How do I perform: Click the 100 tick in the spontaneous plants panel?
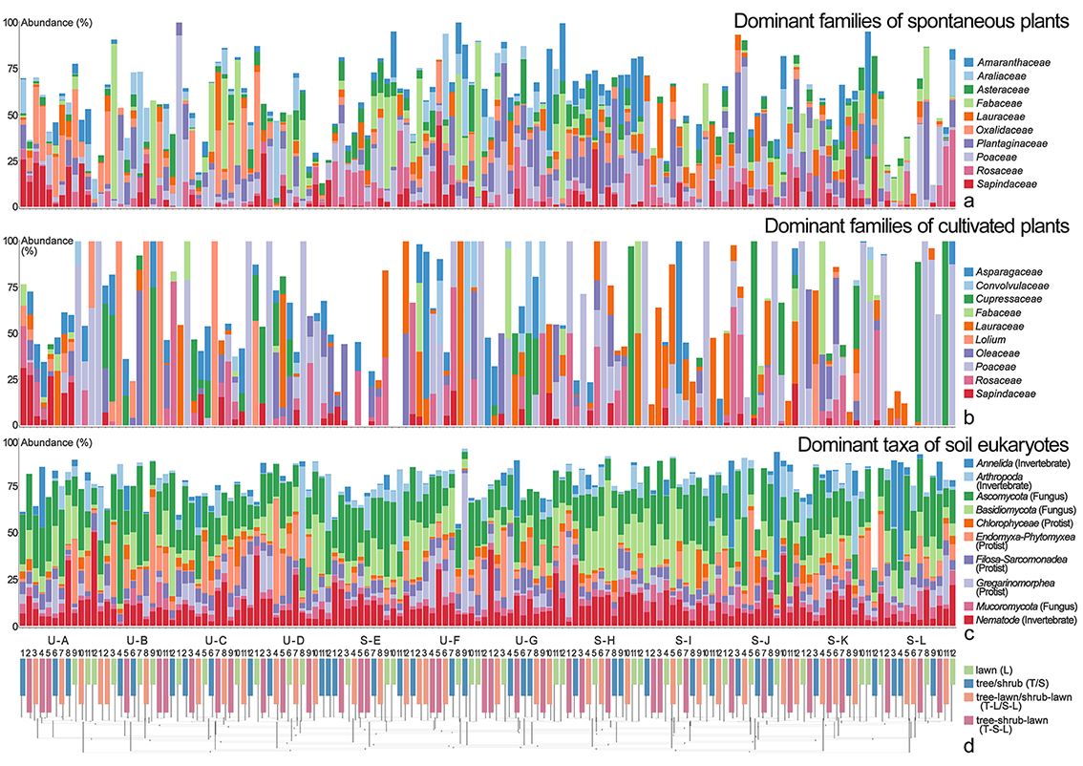tap(11, 22)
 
